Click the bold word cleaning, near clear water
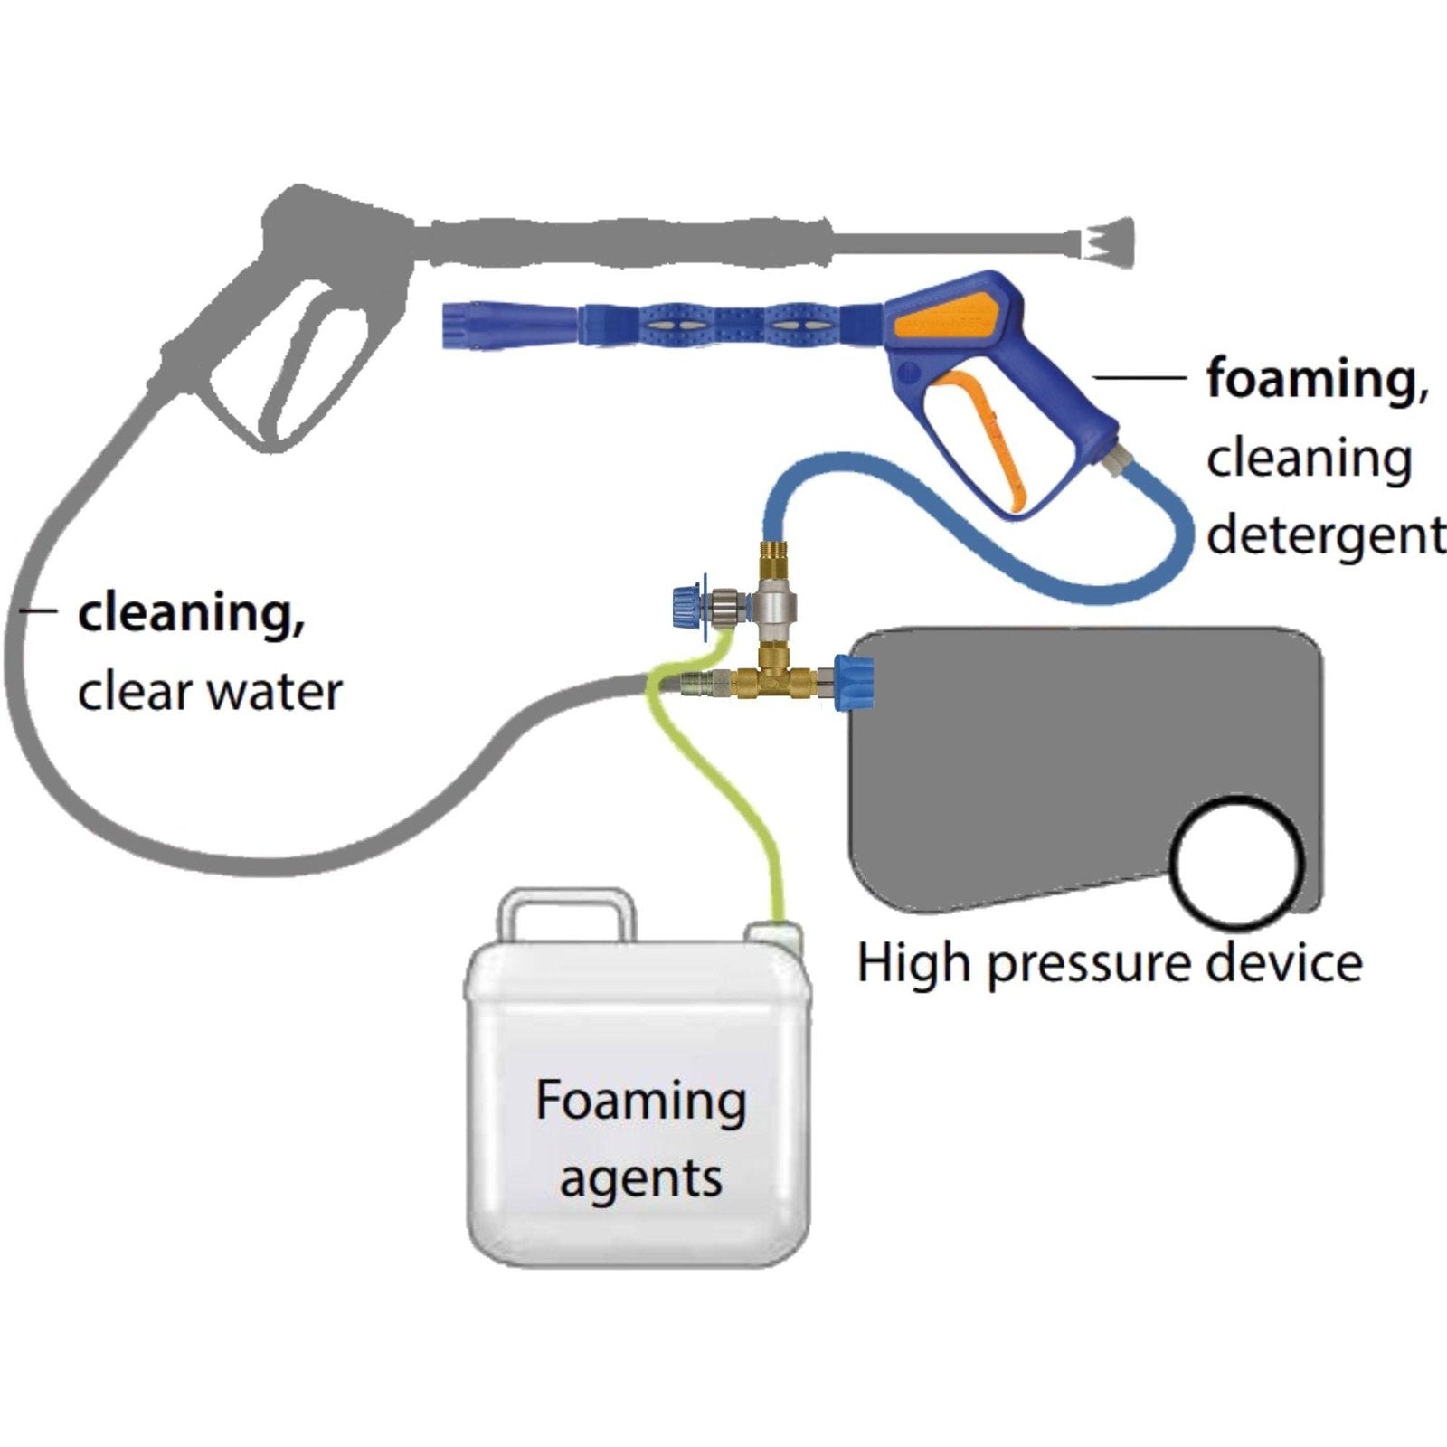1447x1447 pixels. point(191,614)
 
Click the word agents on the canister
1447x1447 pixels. point(640,1179)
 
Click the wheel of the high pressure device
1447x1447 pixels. point(1237,860)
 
